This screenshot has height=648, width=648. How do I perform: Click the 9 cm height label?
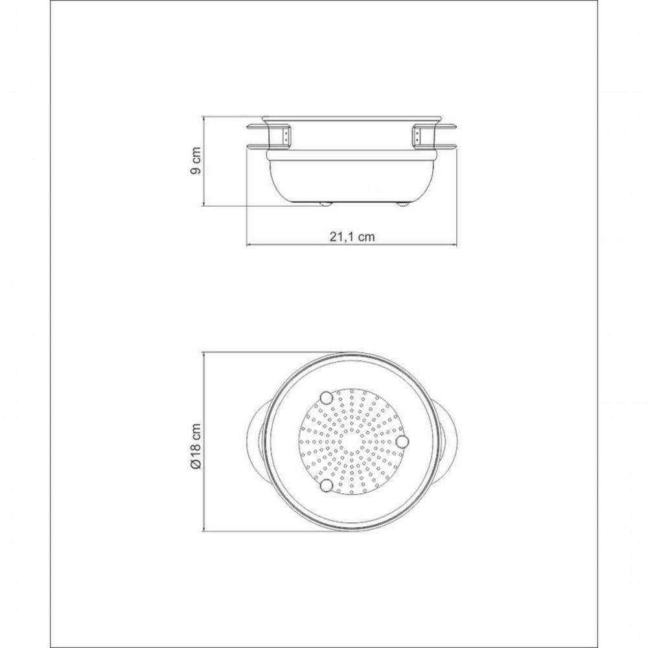pyautogui.click(x=196, y=161)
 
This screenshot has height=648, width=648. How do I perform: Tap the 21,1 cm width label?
pyautogui.click(x=352, y=237)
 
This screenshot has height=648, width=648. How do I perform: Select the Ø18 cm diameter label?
pyautogui.click(x=196, y=446)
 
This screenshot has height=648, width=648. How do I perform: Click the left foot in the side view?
pyautogui.click(x=326, y=203)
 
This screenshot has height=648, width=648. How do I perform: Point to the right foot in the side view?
pyautogui.click(x=402, y=203)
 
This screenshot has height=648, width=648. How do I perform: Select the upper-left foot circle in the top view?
pyautogui.click(x=327, y=398)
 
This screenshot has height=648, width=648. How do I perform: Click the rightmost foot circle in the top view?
pyautogui.click(x=402, y=441)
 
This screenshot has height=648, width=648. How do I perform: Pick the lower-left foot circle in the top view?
pyautogui.click(x=327, y=485)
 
